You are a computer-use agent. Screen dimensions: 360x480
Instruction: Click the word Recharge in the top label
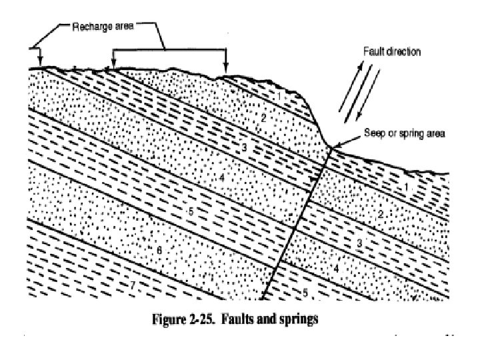87,27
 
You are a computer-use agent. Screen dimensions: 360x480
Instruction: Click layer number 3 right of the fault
359,244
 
